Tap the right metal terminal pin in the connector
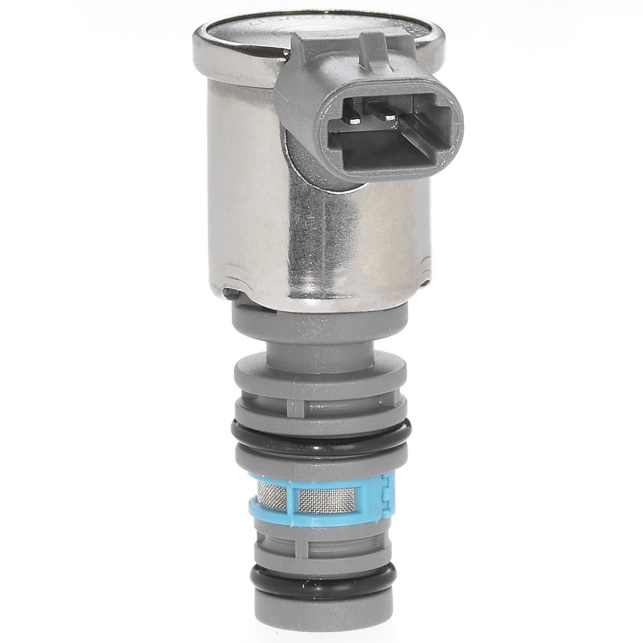coord(388,117)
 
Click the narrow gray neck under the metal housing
coord(321,343)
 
